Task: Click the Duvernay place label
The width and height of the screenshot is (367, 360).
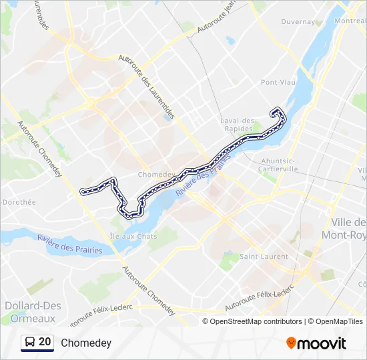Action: (x=298, y=21)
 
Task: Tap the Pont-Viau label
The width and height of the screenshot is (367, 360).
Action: (x=278, y=83)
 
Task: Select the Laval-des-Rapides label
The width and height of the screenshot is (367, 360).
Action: (x=238, y=125)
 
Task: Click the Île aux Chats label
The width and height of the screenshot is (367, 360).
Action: (x=133, y=236)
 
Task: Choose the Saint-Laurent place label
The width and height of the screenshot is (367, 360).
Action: (x=264, y=257)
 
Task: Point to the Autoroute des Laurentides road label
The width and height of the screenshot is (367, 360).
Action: (x=146, y=86)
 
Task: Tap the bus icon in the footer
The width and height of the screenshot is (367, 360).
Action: (x=30, y=343)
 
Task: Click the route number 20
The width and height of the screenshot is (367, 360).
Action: (x=45, y=342)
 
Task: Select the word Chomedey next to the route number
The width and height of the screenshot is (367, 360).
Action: (x=86, y=343)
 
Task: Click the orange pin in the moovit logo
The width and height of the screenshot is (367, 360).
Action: (x=291, y=343)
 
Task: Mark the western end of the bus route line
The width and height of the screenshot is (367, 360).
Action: (x=83, y=192)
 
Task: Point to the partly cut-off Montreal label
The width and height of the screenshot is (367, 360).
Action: (x=350, y=21)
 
